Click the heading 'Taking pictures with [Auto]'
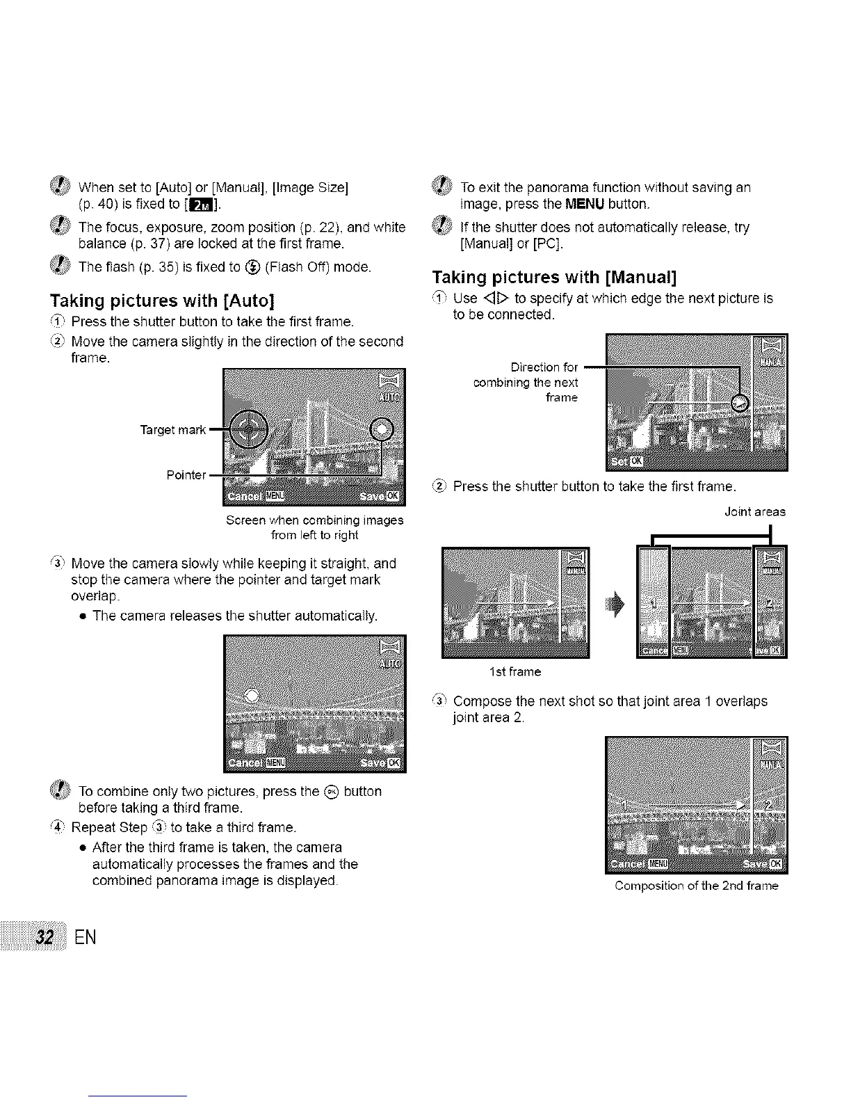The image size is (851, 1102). pyautogui.click(x=162, y=301)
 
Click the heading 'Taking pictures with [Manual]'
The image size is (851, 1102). pyautogui.click(x=554, y=278)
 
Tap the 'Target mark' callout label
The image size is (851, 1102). pyautogui.click(x=172, y=430)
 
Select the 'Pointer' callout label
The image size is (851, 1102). pyautogui.click(x=186, y=475)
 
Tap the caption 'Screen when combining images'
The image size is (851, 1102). pyautogui.click(x=314, y=520)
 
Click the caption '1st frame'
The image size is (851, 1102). pyautogui.click(x=514, y=672)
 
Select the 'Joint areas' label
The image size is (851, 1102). pyautogui.click(x=754, y=511)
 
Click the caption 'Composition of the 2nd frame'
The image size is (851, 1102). pyautogui.click(x=696, y=886)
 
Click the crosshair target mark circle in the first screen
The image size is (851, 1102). pyautogui.click(x=248, y=429)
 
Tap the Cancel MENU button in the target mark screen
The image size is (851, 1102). pyautogui.click(x=256, y=495)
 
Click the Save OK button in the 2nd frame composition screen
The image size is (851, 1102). pyautogui.click(x=763, y=864)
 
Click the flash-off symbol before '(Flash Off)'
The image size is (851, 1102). pyautogui.click(x=253, y=267)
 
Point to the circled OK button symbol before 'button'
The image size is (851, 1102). pyautogui.click(x=332, y=792)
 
